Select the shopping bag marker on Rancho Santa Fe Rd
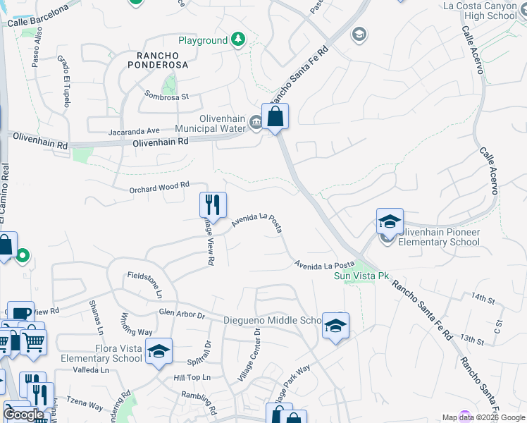(275, 116)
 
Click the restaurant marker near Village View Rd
(213, 205)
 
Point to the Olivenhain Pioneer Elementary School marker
(389, 221)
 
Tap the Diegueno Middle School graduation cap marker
(336, 326)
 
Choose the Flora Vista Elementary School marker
(159, 350)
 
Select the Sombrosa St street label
(167, 96)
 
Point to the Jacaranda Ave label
(134, 130)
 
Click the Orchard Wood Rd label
(160, 188)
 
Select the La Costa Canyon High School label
(481, 11)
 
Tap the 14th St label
(484, 299)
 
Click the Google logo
(23, 415)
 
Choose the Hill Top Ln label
(192, 378)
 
